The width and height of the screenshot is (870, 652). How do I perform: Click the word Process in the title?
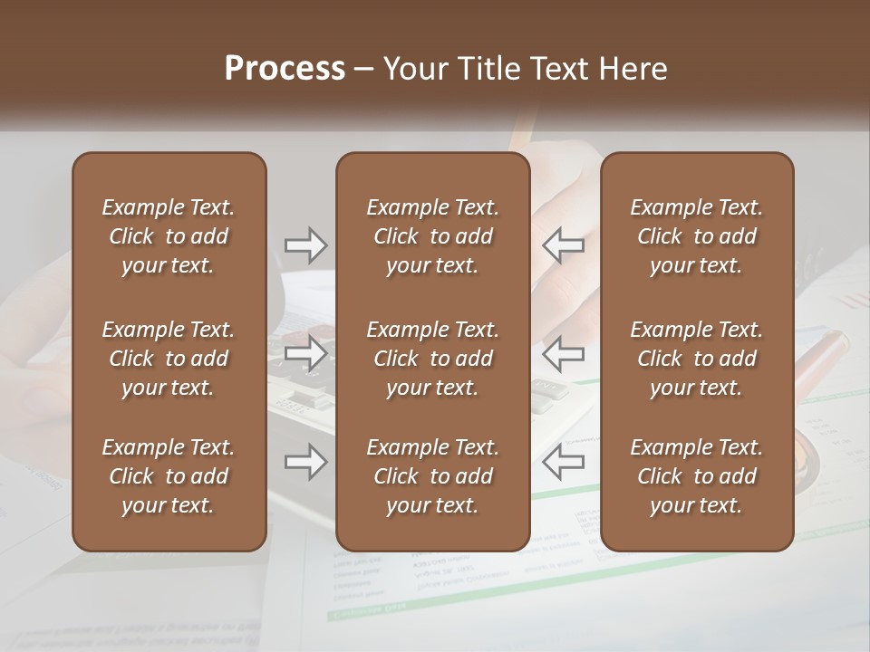(285, 69)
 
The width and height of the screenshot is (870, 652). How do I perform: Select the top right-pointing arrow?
(306, 244)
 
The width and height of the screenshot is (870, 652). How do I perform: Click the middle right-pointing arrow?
(306, 353)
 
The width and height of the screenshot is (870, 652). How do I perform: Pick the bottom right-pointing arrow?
(306, 463)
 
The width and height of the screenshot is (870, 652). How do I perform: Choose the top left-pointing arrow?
(563, 244)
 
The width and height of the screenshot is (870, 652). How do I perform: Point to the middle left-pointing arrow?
(563, 353)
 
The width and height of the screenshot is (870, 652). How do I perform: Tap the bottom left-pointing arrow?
(563, 463)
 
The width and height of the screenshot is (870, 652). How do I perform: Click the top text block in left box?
(169, 236)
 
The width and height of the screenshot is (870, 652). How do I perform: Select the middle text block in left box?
(169, 359)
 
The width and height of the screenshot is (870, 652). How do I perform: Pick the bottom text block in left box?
(169, 476)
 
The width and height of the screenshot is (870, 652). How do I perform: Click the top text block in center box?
(432, 236)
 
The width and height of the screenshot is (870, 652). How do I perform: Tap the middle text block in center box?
(432, 359)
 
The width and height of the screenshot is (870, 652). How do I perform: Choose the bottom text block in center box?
(432, 476)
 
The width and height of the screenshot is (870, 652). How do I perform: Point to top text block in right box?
(697, 236)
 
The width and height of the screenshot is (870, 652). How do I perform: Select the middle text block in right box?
(697, 359)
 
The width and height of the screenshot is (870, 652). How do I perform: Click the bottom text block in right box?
(697, 476)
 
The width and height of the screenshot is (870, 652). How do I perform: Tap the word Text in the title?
(559, 69)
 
